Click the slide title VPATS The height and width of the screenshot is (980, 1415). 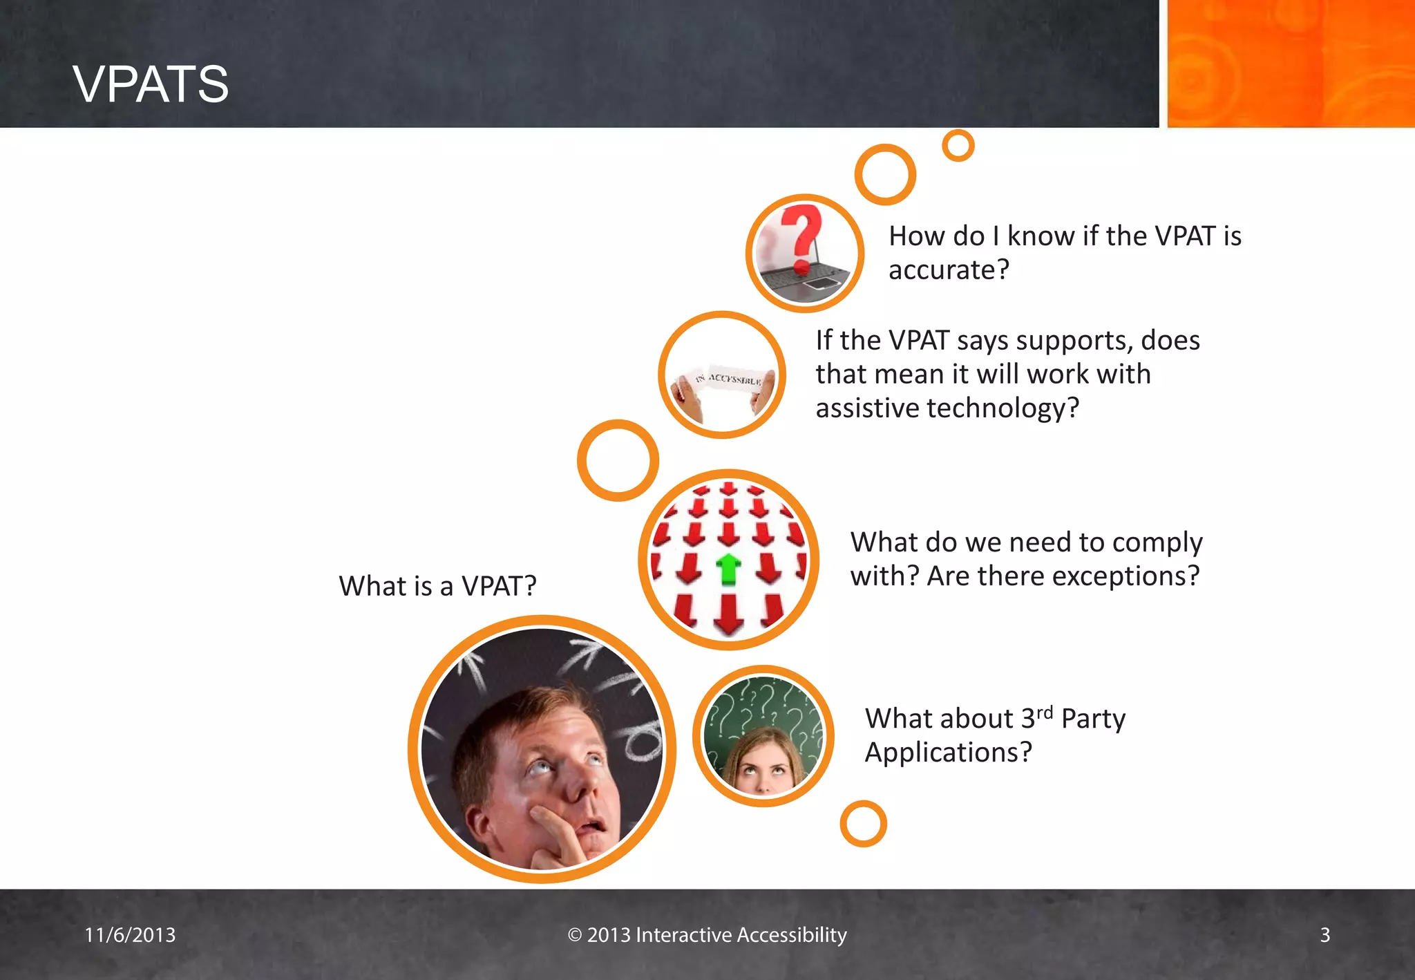coord(151,84)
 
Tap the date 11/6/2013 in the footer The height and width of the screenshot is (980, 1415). coord(130,934)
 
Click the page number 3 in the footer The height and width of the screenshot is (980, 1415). coord(1324,934)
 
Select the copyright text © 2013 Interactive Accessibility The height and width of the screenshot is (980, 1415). coord(707,934)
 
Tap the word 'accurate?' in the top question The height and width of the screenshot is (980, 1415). coord(949,270)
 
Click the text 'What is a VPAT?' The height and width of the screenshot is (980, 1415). coord(437,586)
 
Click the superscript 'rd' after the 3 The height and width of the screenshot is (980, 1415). coord(1044,712)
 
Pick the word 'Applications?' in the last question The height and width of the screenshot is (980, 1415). coord(948,752)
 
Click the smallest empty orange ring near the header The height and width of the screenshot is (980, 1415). coord(958,146)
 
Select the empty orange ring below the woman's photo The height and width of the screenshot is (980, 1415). coord(863,824)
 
